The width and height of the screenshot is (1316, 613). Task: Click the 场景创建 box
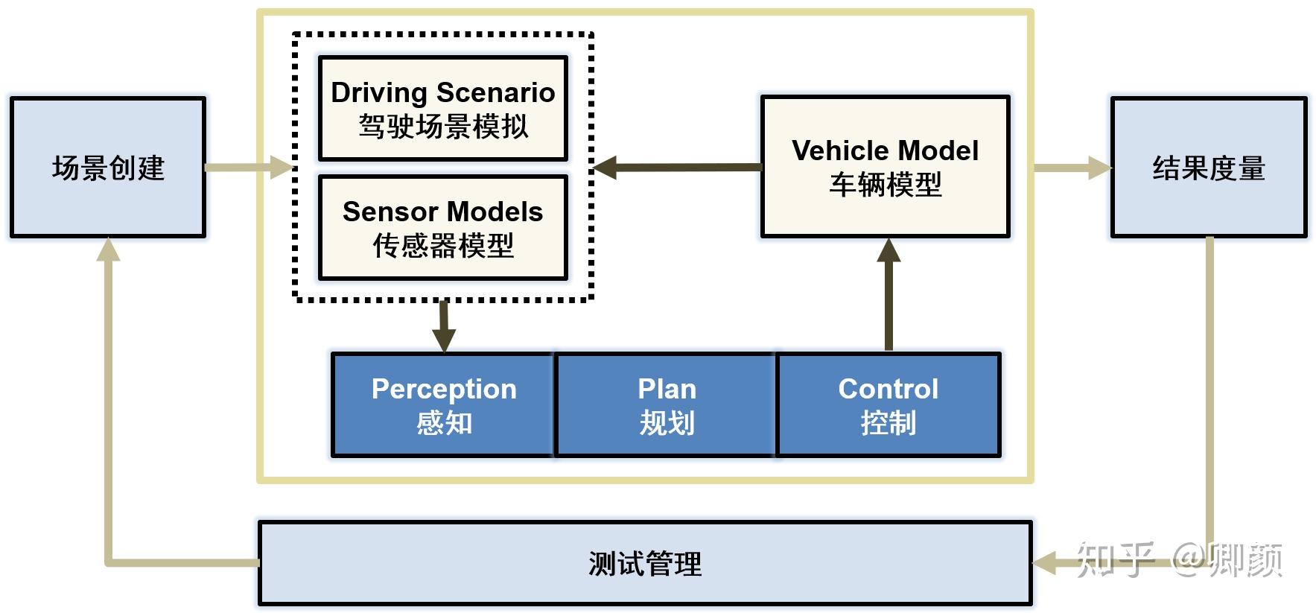(108, 168)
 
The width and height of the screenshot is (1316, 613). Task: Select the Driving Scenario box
(442, 109)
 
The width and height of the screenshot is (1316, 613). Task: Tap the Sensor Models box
(442, 228)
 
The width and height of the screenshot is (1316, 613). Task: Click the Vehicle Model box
(885, 167)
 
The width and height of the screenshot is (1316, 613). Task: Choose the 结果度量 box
(1208, 168)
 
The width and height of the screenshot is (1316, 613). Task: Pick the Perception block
(443, 404)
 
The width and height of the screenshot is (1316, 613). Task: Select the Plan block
(666, 404)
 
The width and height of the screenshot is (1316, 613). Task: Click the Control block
(888, 404)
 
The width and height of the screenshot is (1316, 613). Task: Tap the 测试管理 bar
(644, 563)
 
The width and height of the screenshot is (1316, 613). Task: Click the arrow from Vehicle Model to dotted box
(678, 168)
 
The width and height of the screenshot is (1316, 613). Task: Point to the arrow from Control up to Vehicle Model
(889, 294)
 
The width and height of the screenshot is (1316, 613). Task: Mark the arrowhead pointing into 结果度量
(1099, 168)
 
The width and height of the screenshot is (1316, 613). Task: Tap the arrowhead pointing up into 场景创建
(109, 251)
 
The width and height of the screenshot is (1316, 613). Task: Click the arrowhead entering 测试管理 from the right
(1046, 563)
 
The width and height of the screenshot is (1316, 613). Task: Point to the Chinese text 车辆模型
(885, 184)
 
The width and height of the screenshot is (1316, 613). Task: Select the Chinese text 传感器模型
(442, 245)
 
